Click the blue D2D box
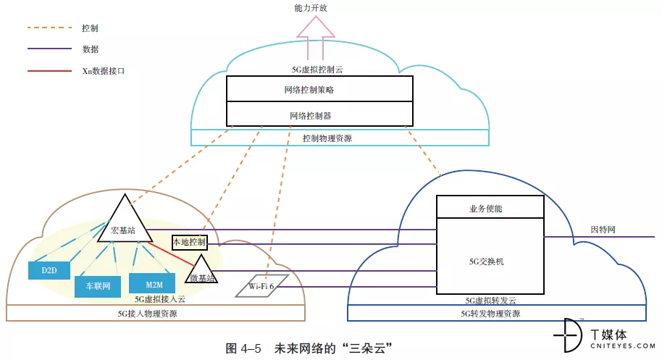click(49, 271)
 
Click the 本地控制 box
click(189, 242)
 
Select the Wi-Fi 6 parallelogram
click(261, 286)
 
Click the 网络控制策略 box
click(319, 90)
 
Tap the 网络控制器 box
click(319, 114)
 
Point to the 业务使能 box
click(490, 207)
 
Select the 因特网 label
click(603, 230)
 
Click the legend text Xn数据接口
click(108, 72)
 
